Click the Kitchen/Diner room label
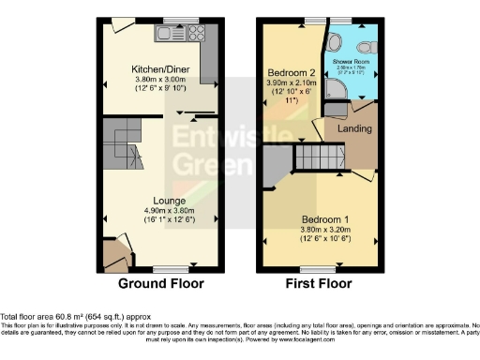point(156,68)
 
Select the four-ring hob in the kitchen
point(197,34)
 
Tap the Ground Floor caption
point(160,283)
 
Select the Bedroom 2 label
point(292,72)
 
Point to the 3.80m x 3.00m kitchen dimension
point(156,80)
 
